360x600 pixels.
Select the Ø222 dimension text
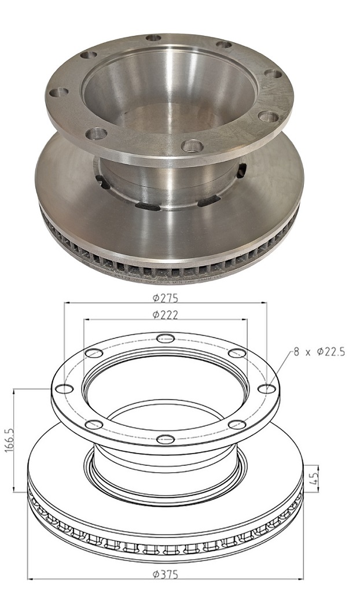pos(165,315)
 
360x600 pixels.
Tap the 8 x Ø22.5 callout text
pos(319,352)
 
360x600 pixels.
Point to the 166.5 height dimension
pos(9,440)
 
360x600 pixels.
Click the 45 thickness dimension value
pos(315,477)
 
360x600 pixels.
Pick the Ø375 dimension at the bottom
pos(165,575)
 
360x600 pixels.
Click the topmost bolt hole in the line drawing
pos(166,338)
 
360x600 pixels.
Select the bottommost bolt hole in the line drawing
pos(166,439)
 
